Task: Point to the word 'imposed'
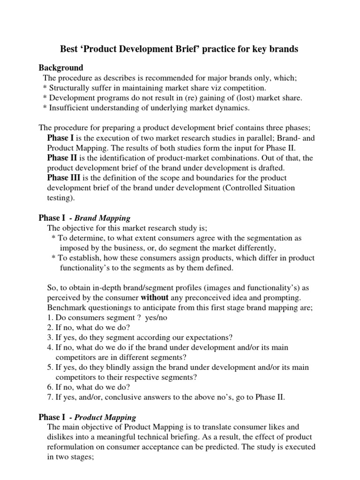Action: (x=75, y=248)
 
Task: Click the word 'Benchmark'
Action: (x=68, y=307)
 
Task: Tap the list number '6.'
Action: (x=51, y=388)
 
